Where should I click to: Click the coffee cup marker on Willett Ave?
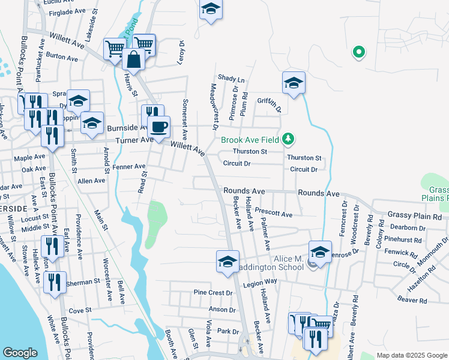159,127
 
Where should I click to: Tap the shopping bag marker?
132,59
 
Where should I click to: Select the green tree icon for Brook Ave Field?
289,140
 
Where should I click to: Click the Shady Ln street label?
231,79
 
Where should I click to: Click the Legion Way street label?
260,281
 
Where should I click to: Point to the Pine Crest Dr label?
212,293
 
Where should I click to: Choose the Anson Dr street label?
222,310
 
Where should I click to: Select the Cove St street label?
80,310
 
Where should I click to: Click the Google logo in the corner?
20,353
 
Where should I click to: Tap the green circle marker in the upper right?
358,52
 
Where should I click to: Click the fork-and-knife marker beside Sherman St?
55,282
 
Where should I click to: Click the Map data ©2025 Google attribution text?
411,355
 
